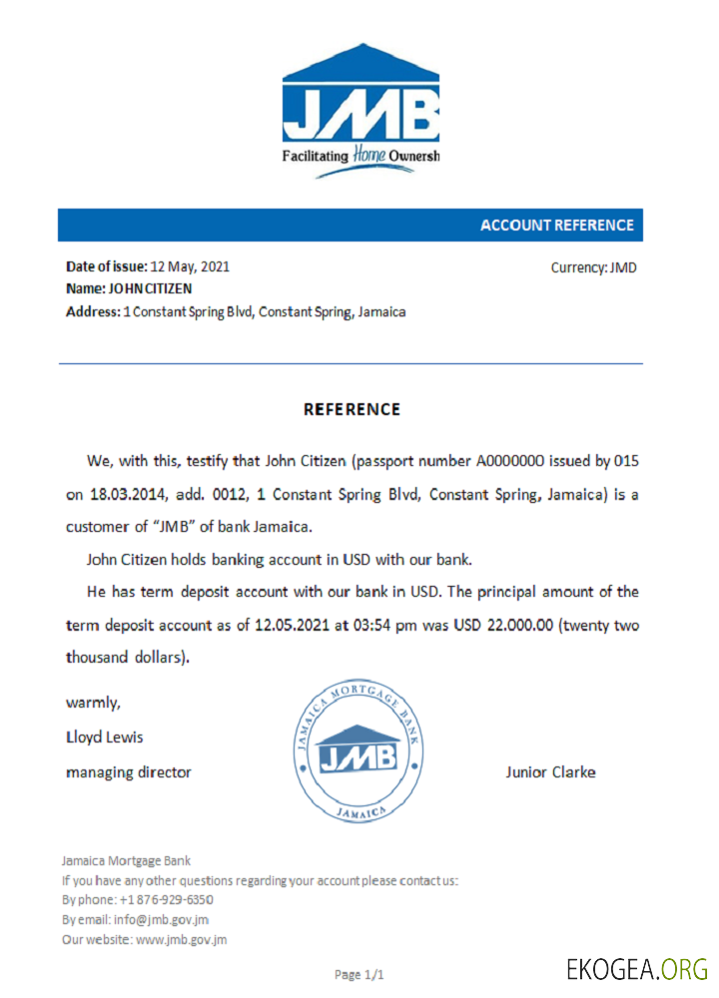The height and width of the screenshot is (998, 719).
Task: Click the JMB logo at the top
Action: (x=360, y=109)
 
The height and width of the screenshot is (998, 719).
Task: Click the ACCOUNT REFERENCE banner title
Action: (x=556, y=226)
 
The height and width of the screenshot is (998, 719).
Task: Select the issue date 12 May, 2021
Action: (x=190, y=266)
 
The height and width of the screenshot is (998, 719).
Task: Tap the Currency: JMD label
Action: (x=593, y=267)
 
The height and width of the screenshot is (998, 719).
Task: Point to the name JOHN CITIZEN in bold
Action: (x=151, y=288)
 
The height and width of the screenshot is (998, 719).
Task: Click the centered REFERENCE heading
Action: (x=352, y=409)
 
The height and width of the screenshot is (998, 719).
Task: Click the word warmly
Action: (x=94, y=703)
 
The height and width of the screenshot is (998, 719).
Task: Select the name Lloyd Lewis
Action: (x=104, y=738)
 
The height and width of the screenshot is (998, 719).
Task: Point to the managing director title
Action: (x=128, y=771)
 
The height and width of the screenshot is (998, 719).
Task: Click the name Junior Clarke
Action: (x=550, y=771)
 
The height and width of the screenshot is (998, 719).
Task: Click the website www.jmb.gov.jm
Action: (x=181, y=939)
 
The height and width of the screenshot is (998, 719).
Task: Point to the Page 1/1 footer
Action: (x=359, y=973)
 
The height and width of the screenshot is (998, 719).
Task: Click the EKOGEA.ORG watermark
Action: (x=636, y=968)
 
